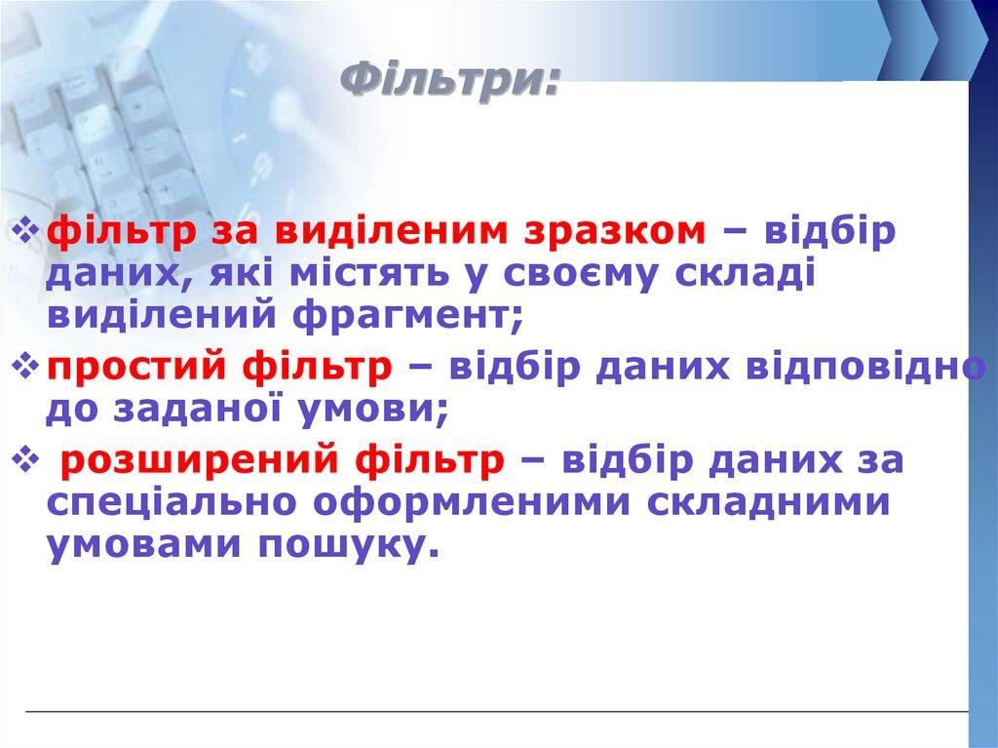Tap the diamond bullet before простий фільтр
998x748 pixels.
coord(27,369)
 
